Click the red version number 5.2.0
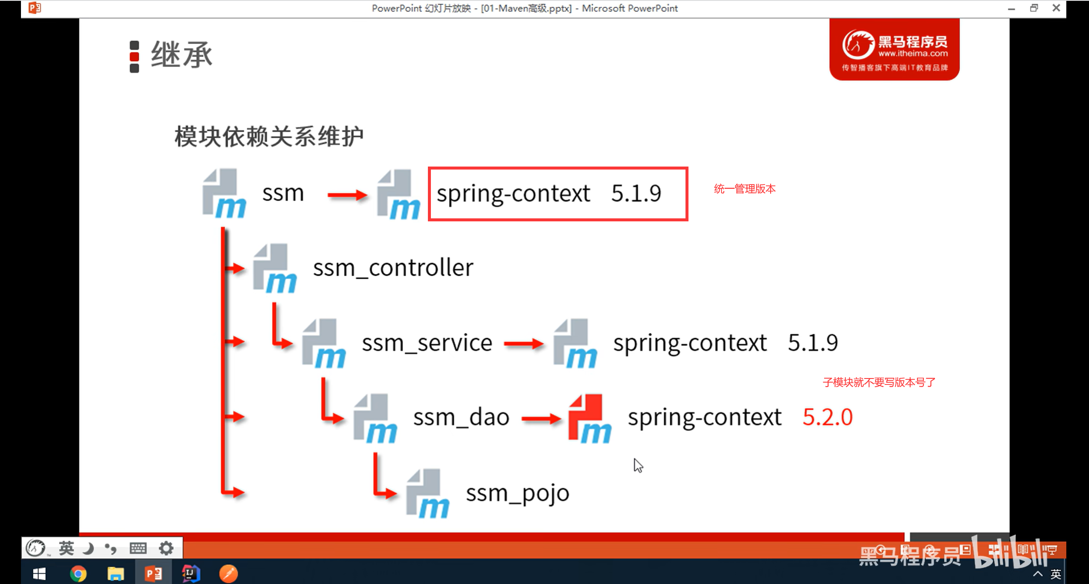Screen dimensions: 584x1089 coord(827,417)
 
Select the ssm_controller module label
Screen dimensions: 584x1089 coord(393,268)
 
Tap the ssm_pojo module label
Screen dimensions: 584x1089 coord(517,493)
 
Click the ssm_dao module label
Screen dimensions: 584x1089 coord(461,417)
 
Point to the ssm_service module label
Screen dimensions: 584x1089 coord(427,343)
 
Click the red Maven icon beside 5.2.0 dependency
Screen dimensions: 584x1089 coord(589,418)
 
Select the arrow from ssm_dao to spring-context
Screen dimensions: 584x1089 coord(541,419)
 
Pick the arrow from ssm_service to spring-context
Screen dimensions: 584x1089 coord(523,343)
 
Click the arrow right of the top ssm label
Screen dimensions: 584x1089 coord(347,195)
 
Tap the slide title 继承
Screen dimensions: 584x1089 coord(181,55)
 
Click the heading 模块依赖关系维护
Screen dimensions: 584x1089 coord(269,137)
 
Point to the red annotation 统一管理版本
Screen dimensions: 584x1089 coord(744,189)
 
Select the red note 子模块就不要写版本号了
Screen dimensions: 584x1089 coord(879,382)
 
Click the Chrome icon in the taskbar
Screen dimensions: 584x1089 coord(78,573)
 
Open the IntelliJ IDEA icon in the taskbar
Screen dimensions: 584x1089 coord(190,573)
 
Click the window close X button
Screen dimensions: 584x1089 coord(1056,8)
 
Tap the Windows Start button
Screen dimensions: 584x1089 coord(39,574)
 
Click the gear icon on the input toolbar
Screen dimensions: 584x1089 coord(166,548)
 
